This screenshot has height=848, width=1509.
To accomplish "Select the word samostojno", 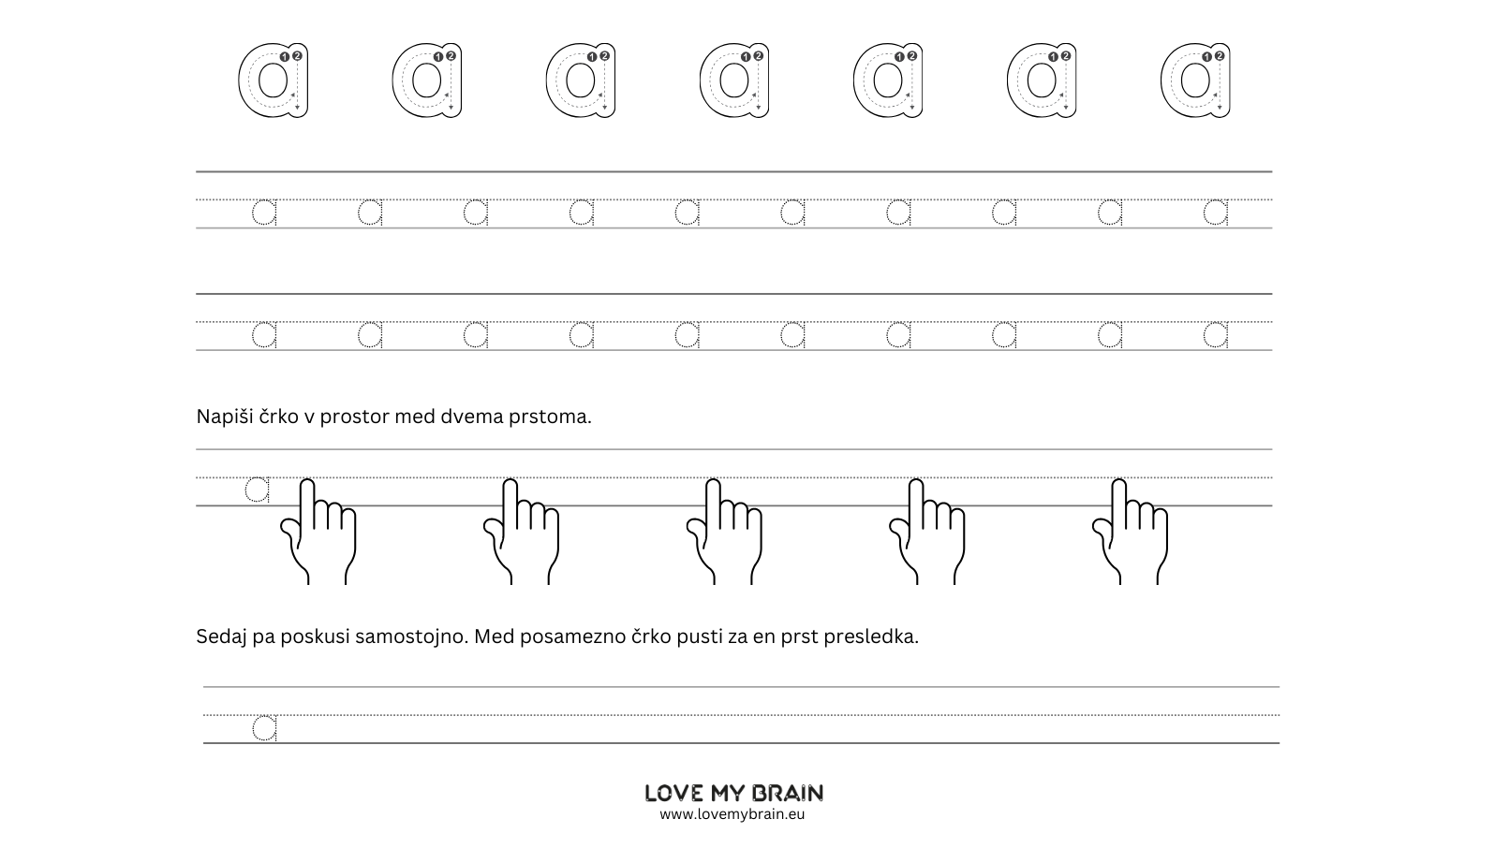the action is [411, 636].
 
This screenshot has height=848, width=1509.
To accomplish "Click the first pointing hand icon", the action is [318, 531].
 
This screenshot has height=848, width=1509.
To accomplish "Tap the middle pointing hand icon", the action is [724, 531].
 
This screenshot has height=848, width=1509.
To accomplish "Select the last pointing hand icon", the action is [1130, 531].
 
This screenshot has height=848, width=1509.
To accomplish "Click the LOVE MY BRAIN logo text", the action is [733, 793].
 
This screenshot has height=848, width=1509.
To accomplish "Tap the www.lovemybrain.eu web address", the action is [732, 814].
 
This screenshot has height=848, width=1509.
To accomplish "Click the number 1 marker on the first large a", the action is [285, 57].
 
